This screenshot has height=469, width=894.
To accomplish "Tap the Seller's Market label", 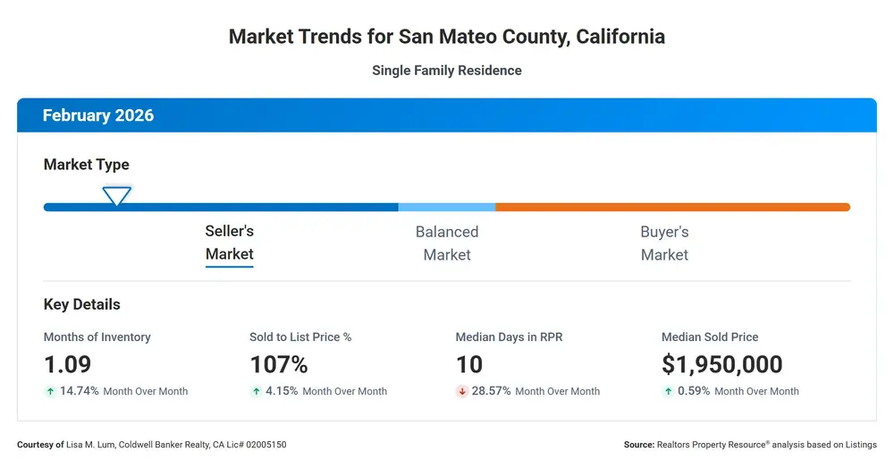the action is [x=229, y=243].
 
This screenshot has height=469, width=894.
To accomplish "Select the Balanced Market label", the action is [x=447, y=243].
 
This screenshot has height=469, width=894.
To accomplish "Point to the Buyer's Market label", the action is [x=664, y=243].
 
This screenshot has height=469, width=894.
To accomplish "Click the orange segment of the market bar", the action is [x=673, y=207].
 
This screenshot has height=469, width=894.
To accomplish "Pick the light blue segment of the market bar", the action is [x=447, y=207].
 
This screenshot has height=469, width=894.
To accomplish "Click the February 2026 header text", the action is [x=98, y=115].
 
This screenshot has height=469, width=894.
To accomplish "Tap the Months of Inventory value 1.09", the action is [x=67, y=364].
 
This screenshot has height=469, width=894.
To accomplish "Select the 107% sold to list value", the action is [x=279, y=364].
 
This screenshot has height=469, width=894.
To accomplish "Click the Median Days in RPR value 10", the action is [x=469, y=364].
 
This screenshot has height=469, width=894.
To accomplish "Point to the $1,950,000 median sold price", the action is [x=721, y=364].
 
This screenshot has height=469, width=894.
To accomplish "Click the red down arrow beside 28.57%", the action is [x=462, y=391].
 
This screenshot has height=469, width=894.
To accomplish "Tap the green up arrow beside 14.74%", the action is [x=50, y=391].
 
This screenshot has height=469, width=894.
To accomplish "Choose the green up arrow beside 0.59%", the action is [x=668, y=391].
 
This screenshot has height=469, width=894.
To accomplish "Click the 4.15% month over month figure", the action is [x=282, y=391].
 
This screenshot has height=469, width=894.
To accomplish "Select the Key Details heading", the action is [x=81, y=304].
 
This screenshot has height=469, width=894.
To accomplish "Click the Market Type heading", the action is [x=86, y=165].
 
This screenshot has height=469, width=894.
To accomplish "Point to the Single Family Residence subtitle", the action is [x=447, y=70].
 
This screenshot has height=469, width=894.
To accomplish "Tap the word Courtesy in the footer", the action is [x=36, y=445].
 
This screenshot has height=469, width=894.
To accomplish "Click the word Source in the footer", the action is [x=638, y=445].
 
